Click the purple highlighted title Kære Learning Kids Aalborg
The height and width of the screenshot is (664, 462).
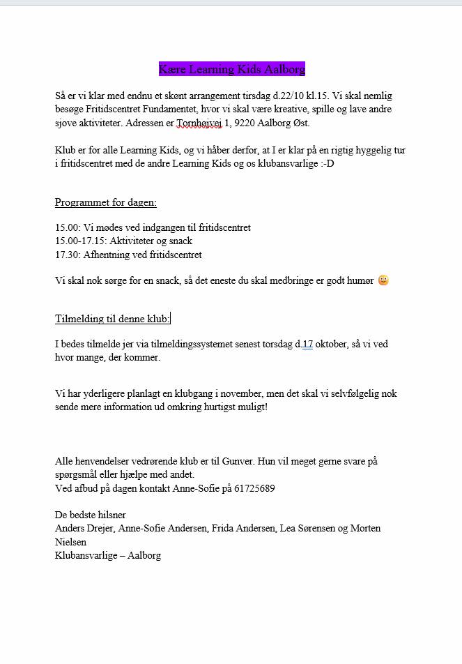(231, 69)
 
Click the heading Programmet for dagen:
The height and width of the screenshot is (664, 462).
(106, 203)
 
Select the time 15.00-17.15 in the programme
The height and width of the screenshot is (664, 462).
(79, 241)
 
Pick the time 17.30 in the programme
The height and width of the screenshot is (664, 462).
(66, 255)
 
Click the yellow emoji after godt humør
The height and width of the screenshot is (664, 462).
(383, 281)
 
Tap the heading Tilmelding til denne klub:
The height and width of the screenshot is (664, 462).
(112, 319)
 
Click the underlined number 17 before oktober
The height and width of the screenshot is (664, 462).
(307, 345)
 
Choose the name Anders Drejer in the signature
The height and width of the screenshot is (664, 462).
(84, 529)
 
